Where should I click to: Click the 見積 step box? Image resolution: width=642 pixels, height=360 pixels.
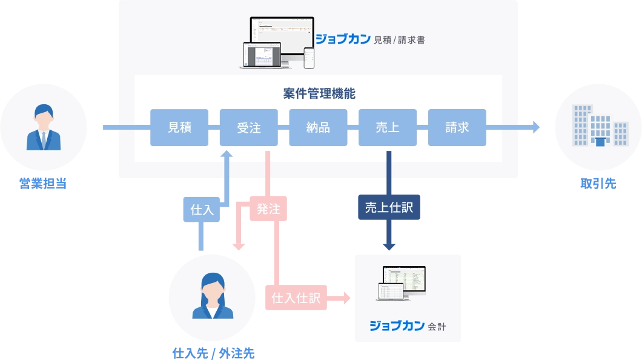click(x=179, y=128)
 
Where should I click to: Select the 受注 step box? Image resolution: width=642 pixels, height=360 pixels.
click(x=248, y=128)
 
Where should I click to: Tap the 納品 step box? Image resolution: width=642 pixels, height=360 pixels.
click(x=318, y=128)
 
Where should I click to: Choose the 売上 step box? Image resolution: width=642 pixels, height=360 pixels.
click(x=388, y=128)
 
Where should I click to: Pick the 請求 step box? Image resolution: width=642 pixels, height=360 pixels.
click(x=457, y=128)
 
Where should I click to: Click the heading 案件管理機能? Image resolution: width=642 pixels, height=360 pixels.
click(x=319, y=94)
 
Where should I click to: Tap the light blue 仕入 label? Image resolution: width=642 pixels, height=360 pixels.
click(x=202, y=210)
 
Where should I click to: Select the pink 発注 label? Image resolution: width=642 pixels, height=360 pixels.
click(x=268, y=209)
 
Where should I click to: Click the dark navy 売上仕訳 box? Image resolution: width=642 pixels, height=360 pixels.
click(x=388, y=207)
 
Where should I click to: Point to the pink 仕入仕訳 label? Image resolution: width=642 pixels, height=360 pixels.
click(x=296, y=298)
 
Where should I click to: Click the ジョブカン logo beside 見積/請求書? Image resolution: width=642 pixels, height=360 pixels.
click(x=342, y=40)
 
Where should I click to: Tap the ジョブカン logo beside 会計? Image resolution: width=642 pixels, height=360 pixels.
click(x=397, y=326)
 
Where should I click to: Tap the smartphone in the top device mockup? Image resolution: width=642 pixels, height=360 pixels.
click(x=309, y=58)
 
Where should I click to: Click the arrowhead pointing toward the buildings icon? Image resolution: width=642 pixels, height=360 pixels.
click(x=537, y=127)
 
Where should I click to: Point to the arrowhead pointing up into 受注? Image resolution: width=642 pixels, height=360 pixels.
click(x=227, y=155)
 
